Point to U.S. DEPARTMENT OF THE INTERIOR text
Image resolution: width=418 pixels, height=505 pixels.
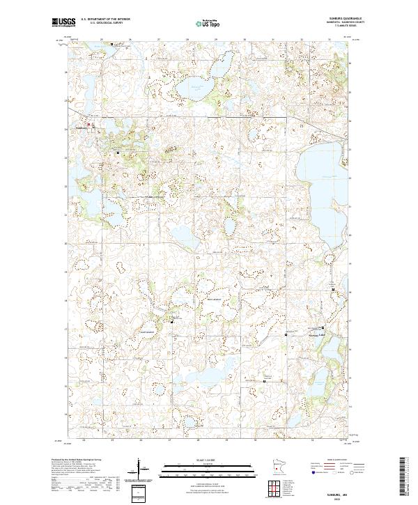pyautogui.click(x=105, y=20)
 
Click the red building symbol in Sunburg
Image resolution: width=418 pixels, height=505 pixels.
pyautogui.click(x=89, y=125)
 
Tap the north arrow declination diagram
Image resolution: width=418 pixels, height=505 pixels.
pyautogui.click(x=144, y=470)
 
